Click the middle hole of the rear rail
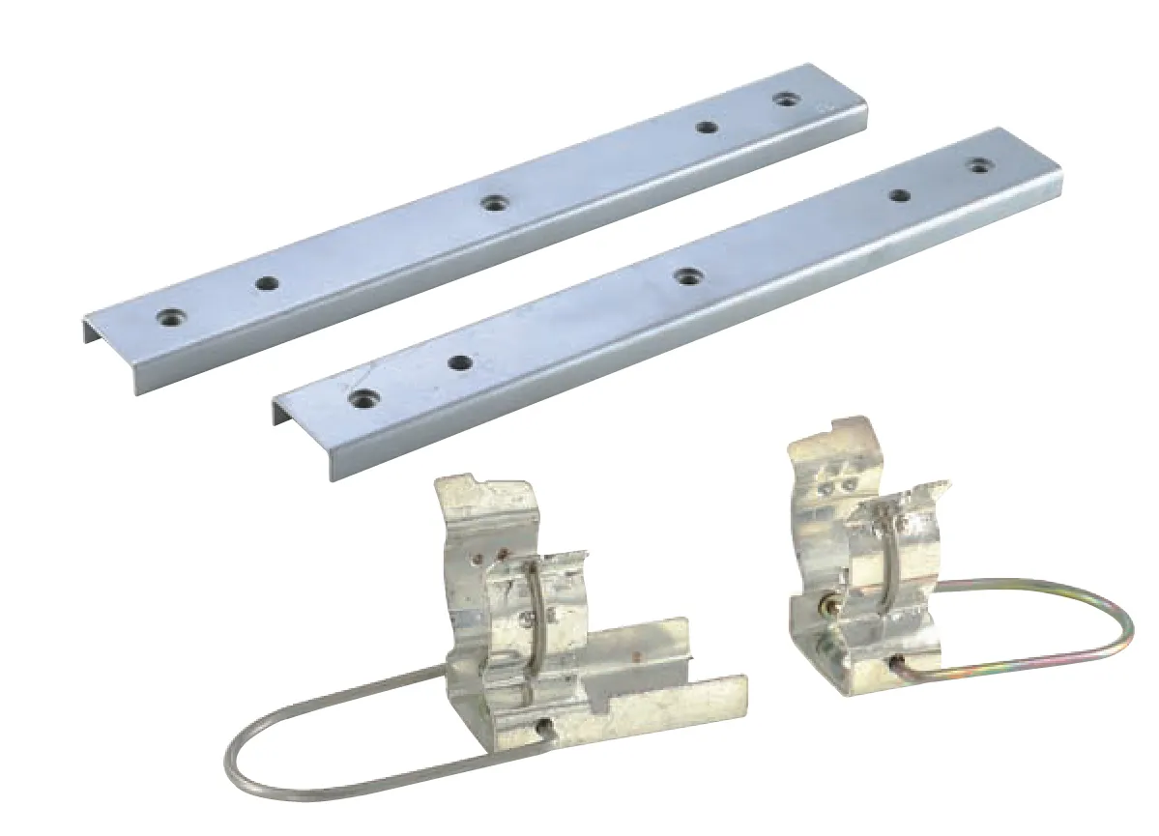(495, 203)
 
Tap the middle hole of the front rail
(686, 276)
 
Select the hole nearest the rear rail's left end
(171, 316)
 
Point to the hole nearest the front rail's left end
(362, 397)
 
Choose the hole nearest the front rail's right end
(980, 165)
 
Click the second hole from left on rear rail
(266, 283)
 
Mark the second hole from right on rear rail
(708, 127)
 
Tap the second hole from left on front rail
(460, 363)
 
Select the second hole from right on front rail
(899, 195)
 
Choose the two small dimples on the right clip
(841, 486)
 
